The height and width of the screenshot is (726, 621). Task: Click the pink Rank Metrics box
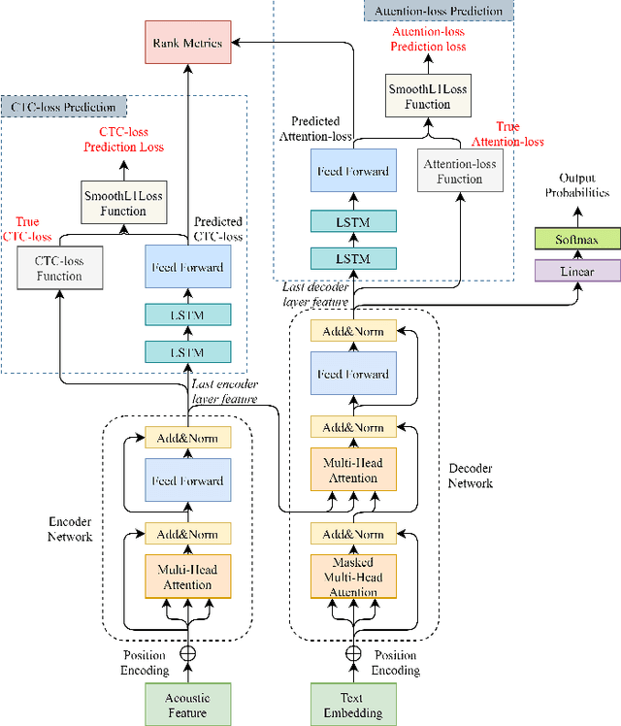click(187, 43)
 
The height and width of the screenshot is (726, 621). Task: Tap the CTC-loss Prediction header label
click(64, 107)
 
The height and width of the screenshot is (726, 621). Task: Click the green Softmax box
click(576, 239)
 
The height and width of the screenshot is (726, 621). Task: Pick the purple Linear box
click(576, 271)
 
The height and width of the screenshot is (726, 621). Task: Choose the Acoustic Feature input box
click(188, 705)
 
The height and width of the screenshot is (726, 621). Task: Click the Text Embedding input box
click(354, 705)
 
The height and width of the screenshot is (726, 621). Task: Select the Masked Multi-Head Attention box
click(354, 577)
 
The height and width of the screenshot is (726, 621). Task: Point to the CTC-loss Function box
click(60, 267)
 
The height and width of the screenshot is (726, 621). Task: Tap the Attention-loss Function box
click(460, 172)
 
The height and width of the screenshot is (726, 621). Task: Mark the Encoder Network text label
click(71, 528)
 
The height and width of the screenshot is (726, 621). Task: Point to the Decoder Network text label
click(470, 476)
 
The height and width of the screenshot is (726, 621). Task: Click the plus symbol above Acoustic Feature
click(188, 654)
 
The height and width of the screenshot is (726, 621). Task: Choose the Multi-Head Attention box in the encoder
click(188, 577)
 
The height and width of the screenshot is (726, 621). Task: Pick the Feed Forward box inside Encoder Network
click(188, 480)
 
